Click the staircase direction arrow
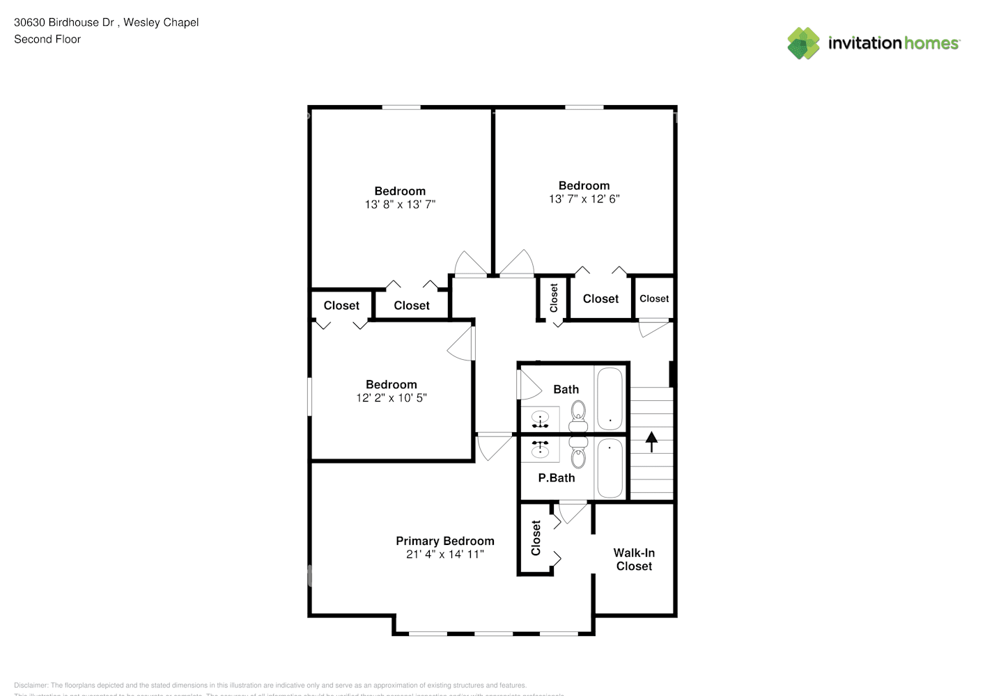pyautogui.click(x=652, y=442)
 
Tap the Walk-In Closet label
pyautogui.click(x=634, y=560)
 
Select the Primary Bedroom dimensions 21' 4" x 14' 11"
pyautogui.click(x=445, y=555)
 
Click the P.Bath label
pyautogui.click(x=557, y=478)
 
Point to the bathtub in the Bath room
pyautogui.click(x=610, y=399)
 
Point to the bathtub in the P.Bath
pyautogui.click(x=610, y=468)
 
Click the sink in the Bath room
pyautogui.click(x=541, y=420)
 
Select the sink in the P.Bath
pyautogui.click(x=541, y=449)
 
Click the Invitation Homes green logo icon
pyautogui.click(x=803, y=43)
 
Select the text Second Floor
pyautogui.click(x=47, y=40)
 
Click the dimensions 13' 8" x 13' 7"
pyautogui.click(x=400, y=205)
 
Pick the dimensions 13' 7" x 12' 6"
pyautogui.click(x=584, y=199)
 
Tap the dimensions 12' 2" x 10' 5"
pyautogui.click(x=391, y=398)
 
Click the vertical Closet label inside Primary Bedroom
pyautogui.click(x=536, y=538)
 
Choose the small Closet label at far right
pyautogui.click(x=654, y=299)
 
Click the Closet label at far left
pyautogui.click(x=341, y=306)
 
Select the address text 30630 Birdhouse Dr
pyautogui.click(x=64, y=22)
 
